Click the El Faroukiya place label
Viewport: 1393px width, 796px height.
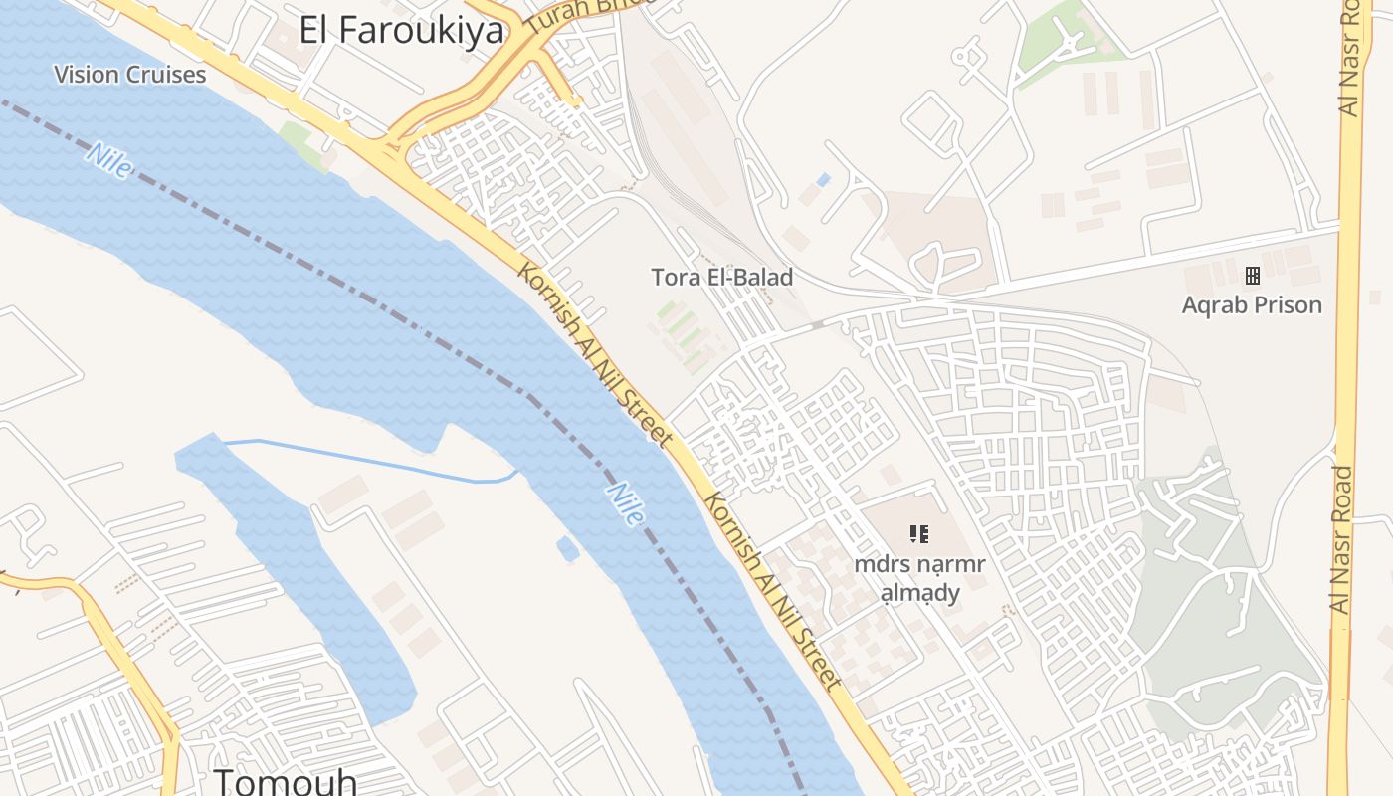click(x=402, y=30)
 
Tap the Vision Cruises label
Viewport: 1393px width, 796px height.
click(x=130, y=75)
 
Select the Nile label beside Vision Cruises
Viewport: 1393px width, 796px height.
click(x=108, y=161)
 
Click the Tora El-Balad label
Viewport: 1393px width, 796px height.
click(x=721, y=278)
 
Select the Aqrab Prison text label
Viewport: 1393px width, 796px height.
click(x=1252, y=305)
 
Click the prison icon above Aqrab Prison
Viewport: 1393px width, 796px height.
click(x=1252, y=276)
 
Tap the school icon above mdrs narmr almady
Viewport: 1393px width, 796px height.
click(x=919, y=534)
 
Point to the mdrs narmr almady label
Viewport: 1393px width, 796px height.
click(x=919, y=578)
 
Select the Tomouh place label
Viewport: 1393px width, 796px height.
click(x=286, y=781)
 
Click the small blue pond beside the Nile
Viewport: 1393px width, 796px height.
click(x=567, y=548)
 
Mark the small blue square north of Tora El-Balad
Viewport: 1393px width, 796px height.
click(x=822, y=180)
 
